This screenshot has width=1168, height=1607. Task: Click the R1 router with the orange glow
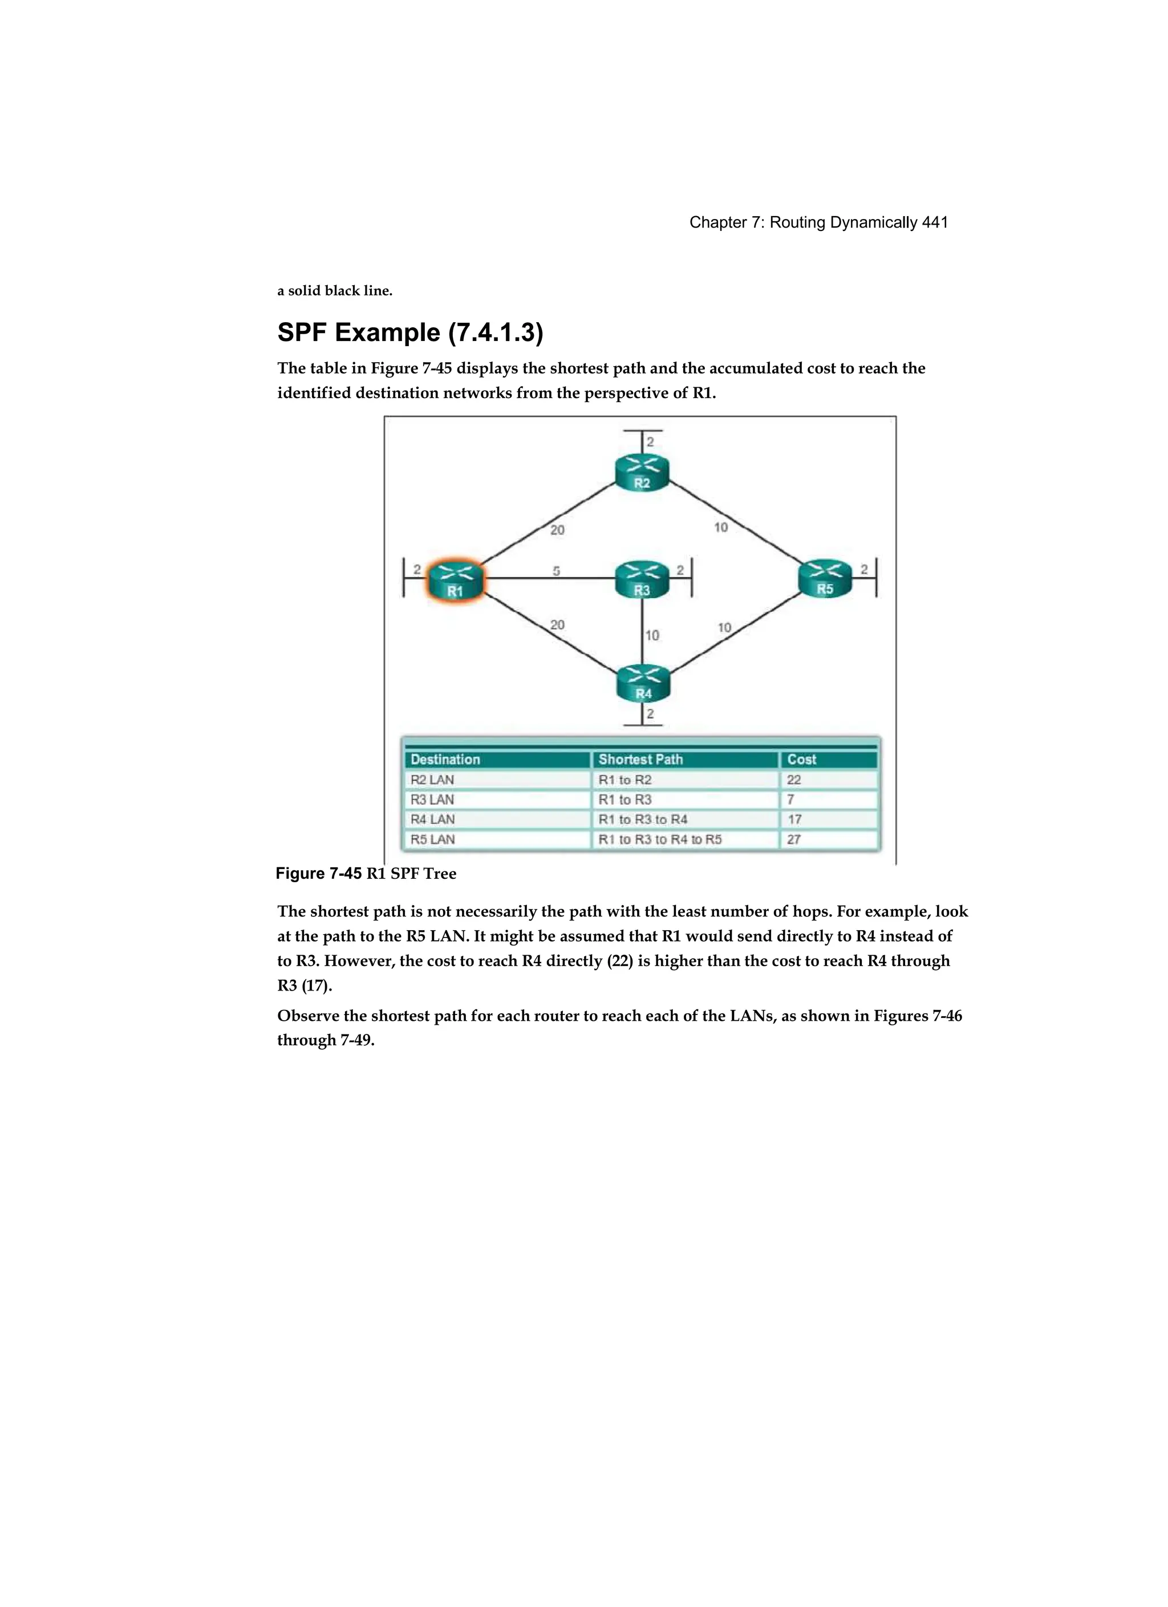point(455,581)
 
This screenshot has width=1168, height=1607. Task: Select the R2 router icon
point(642,473)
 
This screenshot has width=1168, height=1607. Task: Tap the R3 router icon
point(642,579)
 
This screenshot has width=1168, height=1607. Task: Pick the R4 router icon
point(643,683)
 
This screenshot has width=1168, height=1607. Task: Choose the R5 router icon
point(825,578)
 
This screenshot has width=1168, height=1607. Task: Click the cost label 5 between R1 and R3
point(557,570)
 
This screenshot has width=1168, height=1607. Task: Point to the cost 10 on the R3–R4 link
point(652,635)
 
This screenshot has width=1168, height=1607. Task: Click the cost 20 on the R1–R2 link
point(558,529)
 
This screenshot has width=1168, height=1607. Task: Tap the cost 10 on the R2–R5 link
point(721,527)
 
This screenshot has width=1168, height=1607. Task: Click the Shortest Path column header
point(640,760)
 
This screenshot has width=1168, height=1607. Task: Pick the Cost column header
point(802,760)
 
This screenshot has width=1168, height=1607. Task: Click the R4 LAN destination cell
point(432,819)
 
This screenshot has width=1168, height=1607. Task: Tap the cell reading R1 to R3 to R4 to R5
point(660,839)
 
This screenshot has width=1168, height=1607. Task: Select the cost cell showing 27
point(794,839)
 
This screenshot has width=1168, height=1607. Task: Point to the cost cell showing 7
point(791,800)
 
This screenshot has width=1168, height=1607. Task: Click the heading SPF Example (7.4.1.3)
point(409,332)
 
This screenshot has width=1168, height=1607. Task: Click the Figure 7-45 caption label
point(319,874)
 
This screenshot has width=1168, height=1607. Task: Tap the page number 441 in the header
point(935,222)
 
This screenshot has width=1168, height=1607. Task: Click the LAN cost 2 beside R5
point(864,569)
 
